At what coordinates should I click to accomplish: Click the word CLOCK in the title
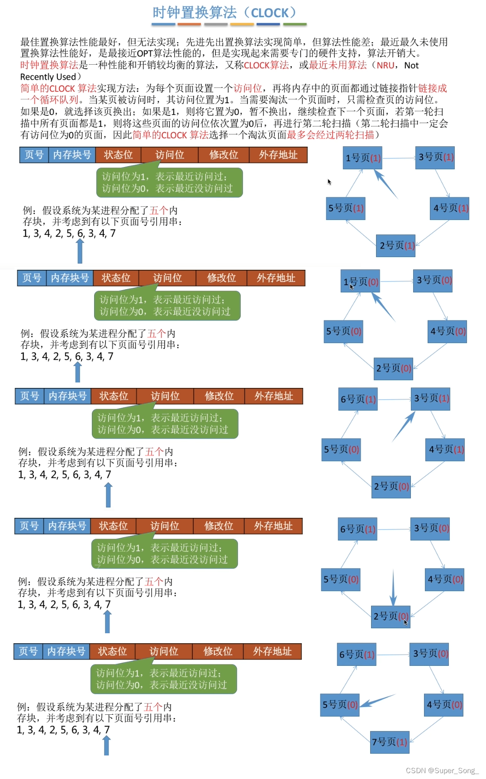point(270,13)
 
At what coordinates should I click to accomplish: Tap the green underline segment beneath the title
point(295,24)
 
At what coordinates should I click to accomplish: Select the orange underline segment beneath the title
point(189,24)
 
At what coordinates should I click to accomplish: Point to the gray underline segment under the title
point(215,24)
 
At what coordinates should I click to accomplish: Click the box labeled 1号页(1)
point(362,158)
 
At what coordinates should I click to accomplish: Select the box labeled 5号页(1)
point(346,208)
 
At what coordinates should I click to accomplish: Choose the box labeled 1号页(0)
point(361,282)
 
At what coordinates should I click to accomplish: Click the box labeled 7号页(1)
point(390,742)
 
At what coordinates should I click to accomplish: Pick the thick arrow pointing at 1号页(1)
point(385,184)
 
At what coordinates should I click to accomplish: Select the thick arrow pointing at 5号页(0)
point(378,701)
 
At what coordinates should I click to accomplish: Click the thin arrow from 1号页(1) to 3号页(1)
point(399,158)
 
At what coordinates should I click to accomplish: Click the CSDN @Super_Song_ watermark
point(442,770)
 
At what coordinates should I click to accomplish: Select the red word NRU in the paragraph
point(385,66)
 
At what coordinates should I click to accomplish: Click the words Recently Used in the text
point(48,77)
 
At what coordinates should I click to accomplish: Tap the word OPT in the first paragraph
point(145,53)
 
